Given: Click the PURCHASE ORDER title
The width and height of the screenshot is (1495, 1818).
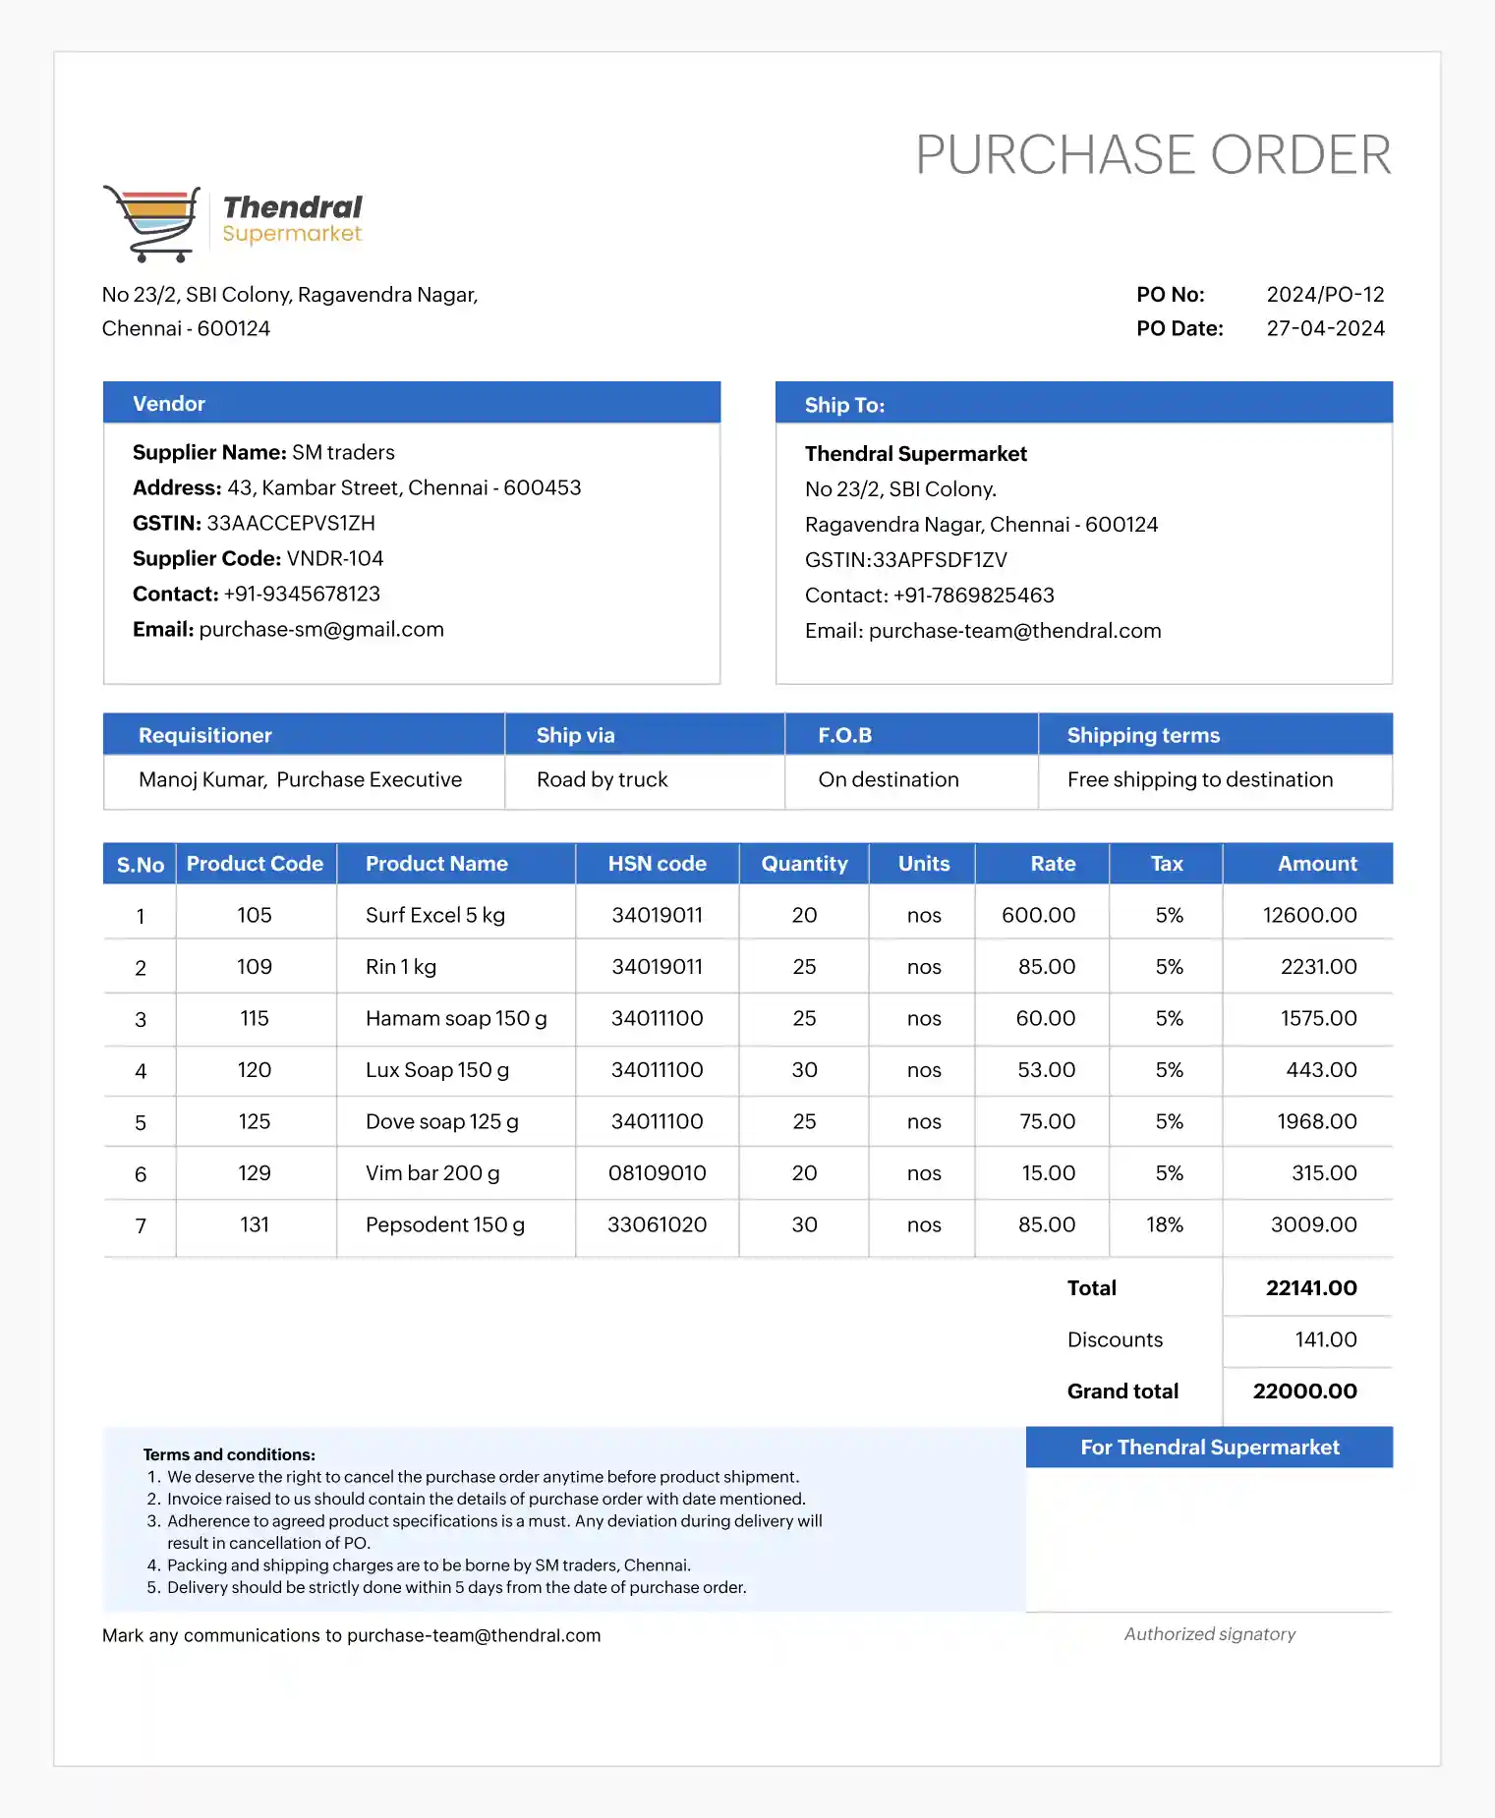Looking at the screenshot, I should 1153,155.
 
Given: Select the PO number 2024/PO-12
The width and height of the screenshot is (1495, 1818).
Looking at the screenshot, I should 1324,295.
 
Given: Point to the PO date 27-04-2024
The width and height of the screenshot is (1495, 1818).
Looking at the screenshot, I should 1325,328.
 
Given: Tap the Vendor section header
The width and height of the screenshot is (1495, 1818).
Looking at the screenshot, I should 169,404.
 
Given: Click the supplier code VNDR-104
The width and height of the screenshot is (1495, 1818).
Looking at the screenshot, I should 335,558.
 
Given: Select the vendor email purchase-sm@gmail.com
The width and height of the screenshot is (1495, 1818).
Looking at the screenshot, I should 321,629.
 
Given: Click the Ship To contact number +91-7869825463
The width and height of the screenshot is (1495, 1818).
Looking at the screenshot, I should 973,596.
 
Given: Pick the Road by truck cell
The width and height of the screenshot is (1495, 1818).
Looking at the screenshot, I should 602,779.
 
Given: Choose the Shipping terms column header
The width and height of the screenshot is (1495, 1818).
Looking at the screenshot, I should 1143,735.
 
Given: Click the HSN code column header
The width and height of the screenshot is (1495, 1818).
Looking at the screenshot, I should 657,864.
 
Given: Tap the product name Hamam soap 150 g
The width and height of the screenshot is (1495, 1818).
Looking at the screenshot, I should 456,1018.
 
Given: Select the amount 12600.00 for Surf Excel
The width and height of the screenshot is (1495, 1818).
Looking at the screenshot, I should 1309,915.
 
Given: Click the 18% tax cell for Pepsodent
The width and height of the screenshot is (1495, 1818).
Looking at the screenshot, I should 1165,1224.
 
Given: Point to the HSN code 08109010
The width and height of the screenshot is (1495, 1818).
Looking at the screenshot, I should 657,1173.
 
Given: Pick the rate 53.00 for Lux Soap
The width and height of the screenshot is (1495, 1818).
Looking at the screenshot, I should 1046,1070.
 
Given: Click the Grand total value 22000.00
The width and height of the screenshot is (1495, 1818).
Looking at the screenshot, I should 1304,1392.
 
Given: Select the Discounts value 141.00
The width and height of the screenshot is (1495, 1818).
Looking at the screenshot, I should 1325,1339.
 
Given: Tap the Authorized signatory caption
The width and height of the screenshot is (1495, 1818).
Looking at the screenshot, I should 1209,1634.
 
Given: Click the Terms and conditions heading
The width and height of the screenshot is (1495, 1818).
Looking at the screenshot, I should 229,1454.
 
